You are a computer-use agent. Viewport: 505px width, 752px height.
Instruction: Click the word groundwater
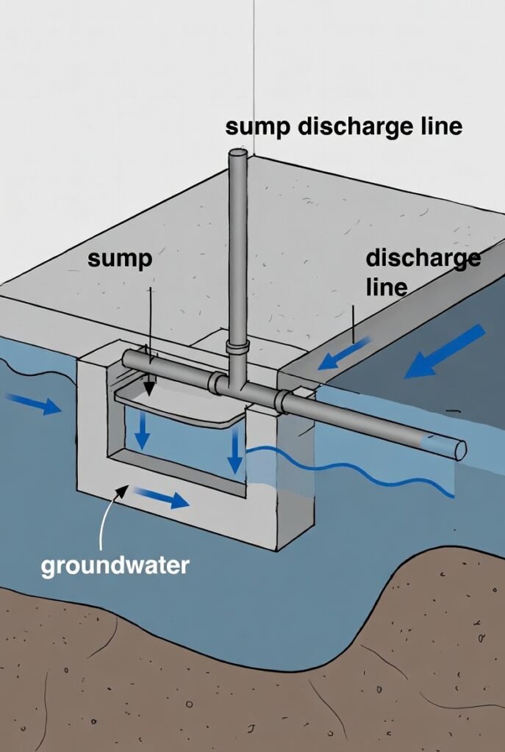(x=115, y=565)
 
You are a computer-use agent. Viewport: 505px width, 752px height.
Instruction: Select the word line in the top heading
(x=436, y=126)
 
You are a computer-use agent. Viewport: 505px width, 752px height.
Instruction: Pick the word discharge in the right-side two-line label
(x=423, y=258)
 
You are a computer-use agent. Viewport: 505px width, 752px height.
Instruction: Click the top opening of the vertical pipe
(x=237, y=153)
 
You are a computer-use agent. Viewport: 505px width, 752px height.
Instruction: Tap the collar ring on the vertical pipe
(x=237, y=345)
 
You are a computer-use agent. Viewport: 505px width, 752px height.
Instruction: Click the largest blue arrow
(x=444, y=352)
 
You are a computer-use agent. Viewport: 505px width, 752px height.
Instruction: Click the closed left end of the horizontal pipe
(x=126, y=359)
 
